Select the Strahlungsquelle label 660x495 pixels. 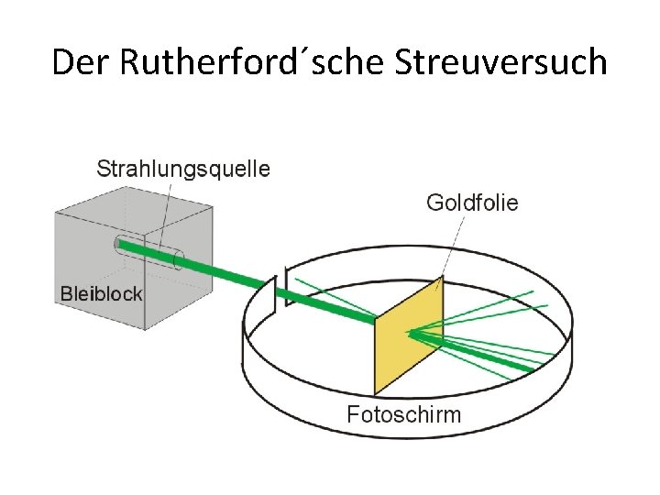pos(183,169)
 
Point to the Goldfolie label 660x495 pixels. pos(472,203)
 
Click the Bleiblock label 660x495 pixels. pos(101,294)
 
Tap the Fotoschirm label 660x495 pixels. pos(404,413)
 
